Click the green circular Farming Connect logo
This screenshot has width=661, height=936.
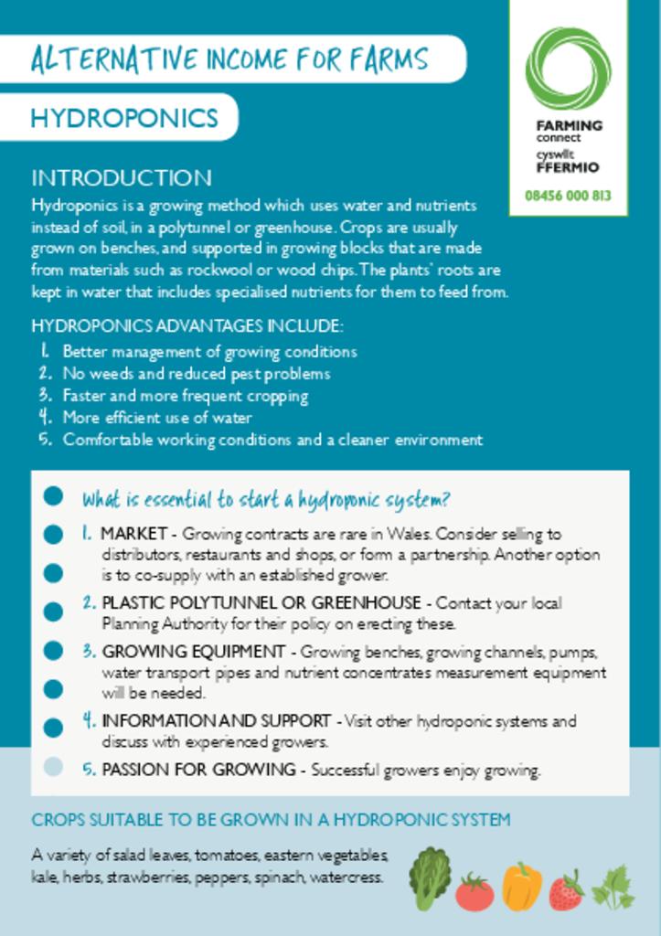(x=568, y=69)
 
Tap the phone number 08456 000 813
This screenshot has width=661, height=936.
(x=568, y=196)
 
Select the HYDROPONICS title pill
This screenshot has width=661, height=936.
(x=124, y=118)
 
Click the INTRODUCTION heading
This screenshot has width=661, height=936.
(x=122, y=177)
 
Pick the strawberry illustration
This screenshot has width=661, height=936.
(x=567, y=890)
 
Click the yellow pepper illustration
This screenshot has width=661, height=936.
(x=521, y=886)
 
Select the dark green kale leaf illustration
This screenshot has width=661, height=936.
(x=430, y=878)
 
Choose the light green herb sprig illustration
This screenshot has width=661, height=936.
(x=613, y=887)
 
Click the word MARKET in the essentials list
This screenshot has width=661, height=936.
(x=133, y=533)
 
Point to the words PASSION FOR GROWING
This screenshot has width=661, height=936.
(x=198, y=770)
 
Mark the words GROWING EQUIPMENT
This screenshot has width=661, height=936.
(x=193, y=652)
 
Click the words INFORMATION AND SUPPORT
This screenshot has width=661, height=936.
(x=216, y=721)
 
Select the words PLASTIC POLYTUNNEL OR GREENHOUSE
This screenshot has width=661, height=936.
(x=261, y=603)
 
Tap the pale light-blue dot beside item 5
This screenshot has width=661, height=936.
(x=53, y=767)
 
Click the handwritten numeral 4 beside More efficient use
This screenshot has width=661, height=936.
(x=44, y=417)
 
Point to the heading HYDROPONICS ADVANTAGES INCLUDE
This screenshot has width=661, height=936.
(x=187, y=326)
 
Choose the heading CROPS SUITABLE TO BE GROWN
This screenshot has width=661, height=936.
(x=271, y=820)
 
